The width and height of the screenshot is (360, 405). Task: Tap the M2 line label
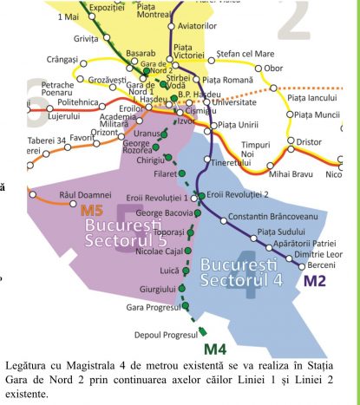pyautogui.click(x=316, y=281)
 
